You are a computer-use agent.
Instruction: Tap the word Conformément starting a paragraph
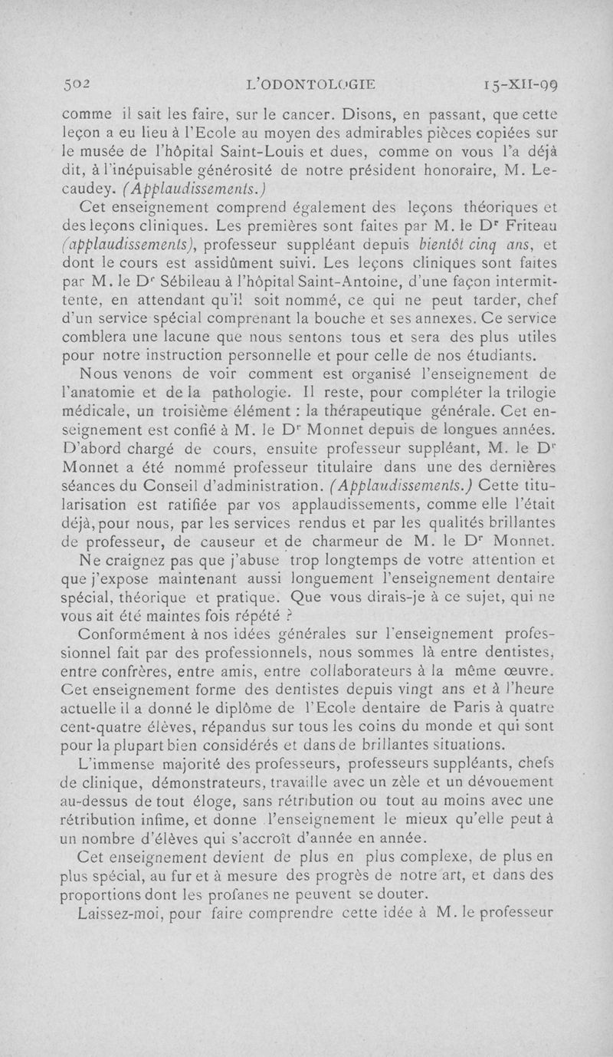tap(133, 634)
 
